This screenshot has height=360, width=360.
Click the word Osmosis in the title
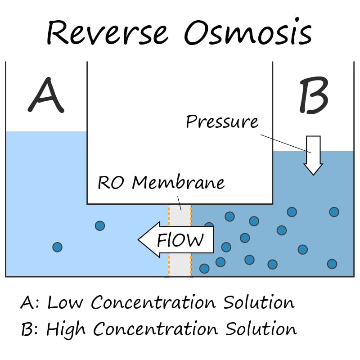click(247, 32)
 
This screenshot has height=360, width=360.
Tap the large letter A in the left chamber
click(45, 95)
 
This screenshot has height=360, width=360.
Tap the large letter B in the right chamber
click(314, 95)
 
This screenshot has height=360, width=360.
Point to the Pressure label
click(222, 121)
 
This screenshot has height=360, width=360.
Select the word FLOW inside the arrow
click(180, 240)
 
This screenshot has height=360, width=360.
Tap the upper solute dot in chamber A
click(100, 225)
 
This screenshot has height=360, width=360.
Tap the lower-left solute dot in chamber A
click(57, 247)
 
